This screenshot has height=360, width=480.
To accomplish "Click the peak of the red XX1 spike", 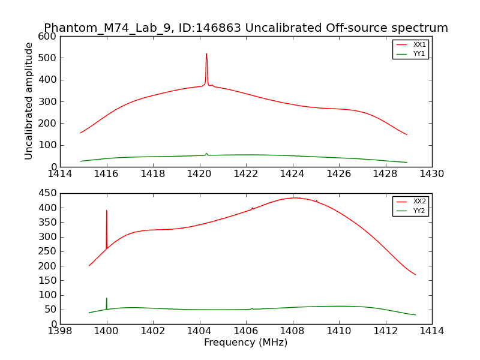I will click(x=206, y=54).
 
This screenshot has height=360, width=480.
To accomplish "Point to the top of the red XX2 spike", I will click(x=107, y=211).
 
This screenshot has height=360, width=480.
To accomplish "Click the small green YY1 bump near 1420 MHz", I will click(x=206, y=154).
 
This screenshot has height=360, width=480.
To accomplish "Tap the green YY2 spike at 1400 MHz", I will click(x=107, y=298).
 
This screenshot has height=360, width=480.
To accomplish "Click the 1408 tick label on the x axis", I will click(x=292, y=331).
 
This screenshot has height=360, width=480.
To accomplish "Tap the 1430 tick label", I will click(x=431, y=173).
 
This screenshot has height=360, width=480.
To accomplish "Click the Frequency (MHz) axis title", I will click(x=246, y=343).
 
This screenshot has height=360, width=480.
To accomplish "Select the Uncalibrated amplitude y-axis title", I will click(x=29, y=101).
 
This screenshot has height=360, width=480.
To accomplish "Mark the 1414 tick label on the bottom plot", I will click(x=431, y=331).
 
